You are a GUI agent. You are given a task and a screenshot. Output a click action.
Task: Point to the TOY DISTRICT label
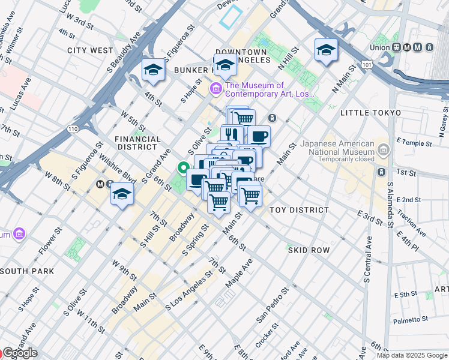[x=299, y=210]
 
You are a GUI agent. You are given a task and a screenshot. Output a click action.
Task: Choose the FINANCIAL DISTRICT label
[x=137, y=143]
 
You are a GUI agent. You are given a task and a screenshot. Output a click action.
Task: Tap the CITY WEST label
[x=90, y=51]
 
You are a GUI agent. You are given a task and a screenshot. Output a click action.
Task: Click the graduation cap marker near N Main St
[x=326, y=50]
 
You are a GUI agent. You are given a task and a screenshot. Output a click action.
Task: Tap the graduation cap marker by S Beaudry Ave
[x=153, y=70]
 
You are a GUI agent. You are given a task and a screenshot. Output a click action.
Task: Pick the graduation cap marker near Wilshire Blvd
[x=122, y=194]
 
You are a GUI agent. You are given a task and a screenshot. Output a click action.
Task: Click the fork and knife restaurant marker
[x=231, y=134]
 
